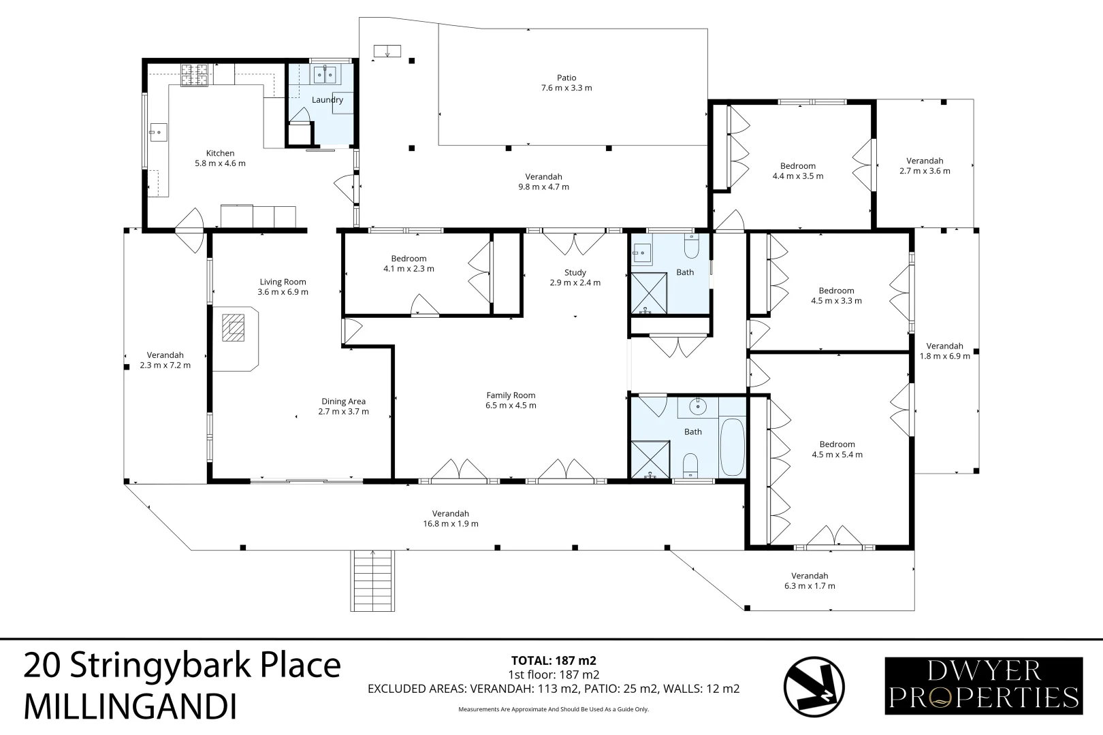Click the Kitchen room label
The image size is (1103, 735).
pos(220,153)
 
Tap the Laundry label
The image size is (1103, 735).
pos(327,100)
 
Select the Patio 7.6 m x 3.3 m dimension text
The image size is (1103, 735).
pos(566,88)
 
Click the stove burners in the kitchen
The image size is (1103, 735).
pos(194,76)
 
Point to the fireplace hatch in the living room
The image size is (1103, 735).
pos(233,328)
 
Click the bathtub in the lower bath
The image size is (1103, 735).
pos(732,446)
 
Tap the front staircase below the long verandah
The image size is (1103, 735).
pos(372,581)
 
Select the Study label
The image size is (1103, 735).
pos(575,273)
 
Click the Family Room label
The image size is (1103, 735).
pos(511,395)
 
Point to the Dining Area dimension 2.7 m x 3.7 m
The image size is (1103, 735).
pos(343,412)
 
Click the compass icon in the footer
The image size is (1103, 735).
pos(814,687)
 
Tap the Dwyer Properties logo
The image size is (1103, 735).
pos(984,686)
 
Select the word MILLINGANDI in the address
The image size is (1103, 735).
pos(131,707)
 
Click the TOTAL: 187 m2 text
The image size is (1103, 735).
pos(554,661)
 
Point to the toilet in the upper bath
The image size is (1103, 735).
pos(691,246)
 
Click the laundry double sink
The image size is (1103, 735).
pos(325,75)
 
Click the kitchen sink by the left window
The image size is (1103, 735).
pos(159,133)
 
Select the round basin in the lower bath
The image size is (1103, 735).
pos(698,407)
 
